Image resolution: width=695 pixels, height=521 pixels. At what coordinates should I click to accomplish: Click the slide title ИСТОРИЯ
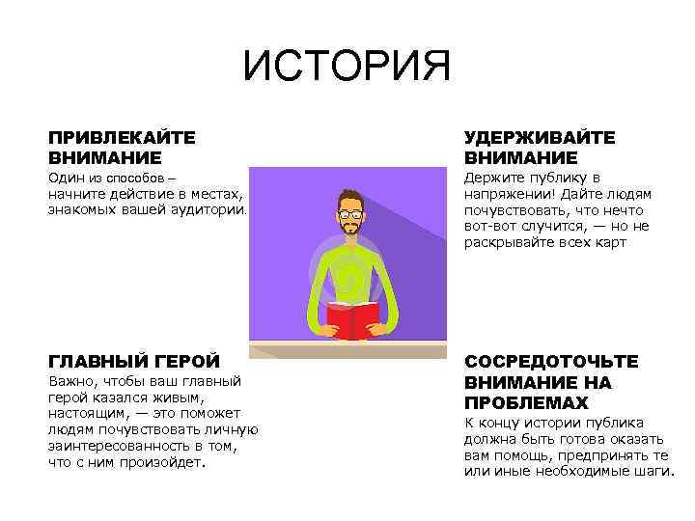pos(347,68)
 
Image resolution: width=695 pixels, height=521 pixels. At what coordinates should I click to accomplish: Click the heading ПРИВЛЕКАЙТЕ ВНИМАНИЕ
pos(122,147)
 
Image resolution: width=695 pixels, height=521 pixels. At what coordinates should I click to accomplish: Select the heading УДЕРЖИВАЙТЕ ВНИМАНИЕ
pos(539,147)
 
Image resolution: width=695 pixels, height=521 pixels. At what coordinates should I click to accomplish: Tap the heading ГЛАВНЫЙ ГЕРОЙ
pos(134,361)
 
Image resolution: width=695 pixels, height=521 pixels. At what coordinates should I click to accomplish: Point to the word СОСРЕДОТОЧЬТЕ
pos(551,361)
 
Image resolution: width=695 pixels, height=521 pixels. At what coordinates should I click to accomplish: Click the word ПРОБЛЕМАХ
pos(525,401)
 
